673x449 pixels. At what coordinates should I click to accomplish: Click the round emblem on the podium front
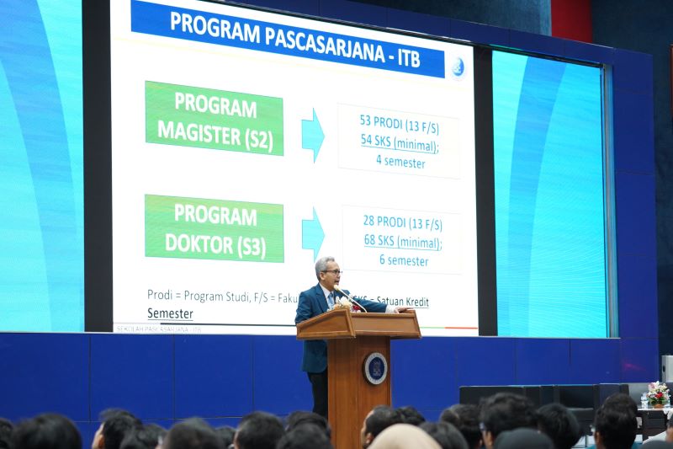click(x=375, y=368)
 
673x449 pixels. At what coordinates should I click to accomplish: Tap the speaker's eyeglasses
click(x=331, y=272)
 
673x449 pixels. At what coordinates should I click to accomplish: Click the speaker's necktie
click(x=331, y=299)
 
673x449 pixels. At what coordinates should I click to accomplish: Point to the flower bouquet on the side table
click(x=657, y=393)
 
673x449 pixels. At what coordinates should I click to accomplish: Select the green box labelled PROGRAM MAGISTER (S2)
click(x=214, y=118)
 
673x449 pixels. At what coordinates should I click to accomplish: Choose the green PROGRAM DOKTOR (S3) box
click(x=214, y=228)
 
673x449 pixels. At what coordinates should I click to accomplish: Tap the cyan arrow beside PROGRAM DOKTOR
click(x=312, y=233)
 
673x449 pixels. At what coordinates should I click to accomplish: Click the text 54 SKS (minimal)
click(x=400, y=144)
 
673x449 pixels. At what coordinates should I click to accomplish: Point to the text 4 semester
click(x=400, y=162)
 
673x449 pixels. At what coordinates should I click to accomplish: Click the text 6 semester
click(x=403, y=260)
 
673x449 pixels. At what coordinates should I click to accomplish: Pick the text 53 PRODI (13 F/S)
click(x=400, y=127)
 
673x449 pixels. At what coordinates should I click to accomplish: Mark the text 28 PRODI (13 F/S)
click(x=403, y=225)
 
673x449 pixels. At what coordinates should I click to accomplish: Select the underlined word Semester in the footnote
click(x=170, y=313)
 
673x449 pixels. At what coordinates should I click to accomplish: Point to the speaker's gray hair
click(x=325, y=261)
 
